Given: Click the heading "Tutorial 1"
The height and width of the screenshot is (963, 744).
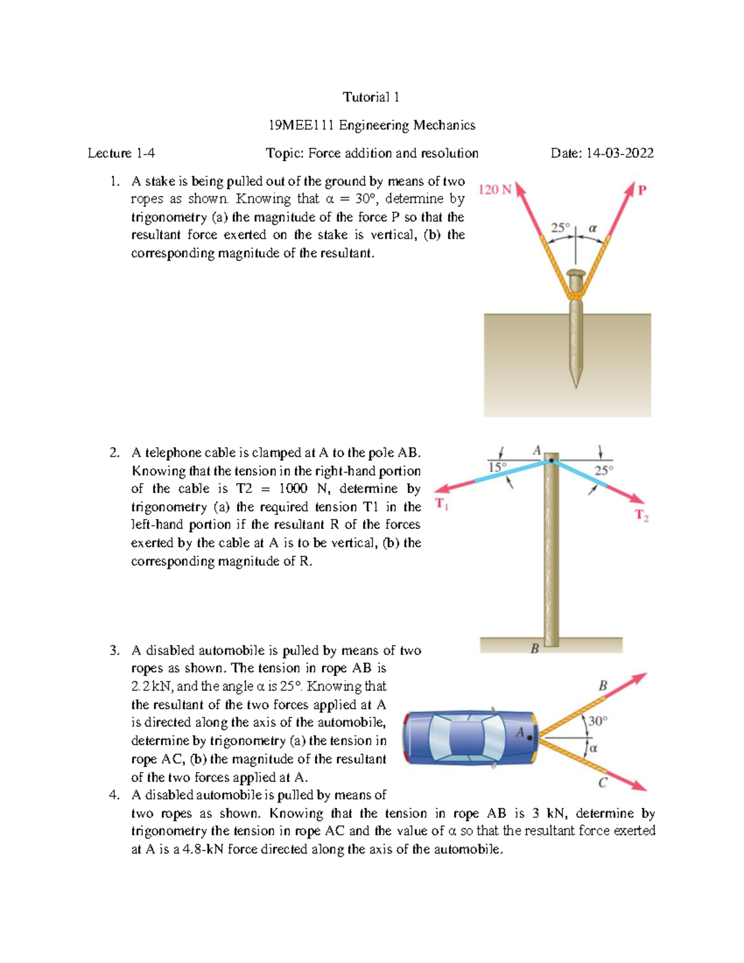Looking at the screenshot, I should tap(371, 97).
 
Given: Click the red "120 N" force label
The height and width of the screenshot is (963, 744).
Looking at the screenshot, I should tap(495, 190).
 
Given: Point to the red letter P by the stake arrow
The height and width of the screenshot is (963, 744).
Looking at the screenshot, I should tap(642, 190).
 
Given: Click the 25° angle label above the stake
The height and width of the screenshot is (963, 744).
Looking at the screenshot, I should tap(560, 228).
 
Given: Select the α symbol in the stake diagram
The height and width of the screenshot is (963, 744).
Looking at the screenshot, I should tap(592, 228).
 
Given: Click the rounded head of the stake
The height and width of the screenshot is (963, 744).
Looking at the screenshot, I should tap(577, 273).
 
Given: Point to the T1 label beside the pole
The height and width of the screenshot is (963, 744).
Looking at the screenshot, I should tap(441, 504).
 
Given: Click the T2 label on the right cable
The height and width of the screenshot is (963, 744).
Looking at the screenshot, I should tap(641, 515).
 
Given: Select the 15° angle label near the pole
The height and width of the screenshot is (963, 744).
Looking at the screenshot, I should tap(497, 467).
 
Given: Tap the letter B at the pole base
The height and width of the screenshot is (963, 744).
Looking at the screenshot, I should tap(534, 649).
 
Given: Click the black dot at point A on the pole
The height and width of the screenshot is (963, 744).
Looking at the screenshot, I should tap(551, 461).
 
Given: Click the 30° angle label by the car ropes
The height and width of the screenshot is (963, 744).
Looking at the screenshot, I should tap(598, 721).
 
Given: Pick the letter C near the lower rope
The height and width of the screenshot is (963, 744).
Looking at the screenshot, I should tap(602, 783).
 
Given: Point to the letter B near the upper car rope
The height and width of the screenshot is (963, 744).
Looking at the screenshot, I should tap(602, 686).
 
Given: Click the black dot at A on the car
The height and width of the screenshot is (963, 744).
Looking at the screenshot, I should tap(529, 738).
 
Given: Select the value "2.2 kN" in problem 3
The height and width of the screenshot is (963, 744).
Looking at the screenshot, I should tap(153, 686).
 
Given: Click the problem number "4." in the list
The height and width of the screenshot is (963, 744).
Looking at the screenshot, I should tap(113, 795).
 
